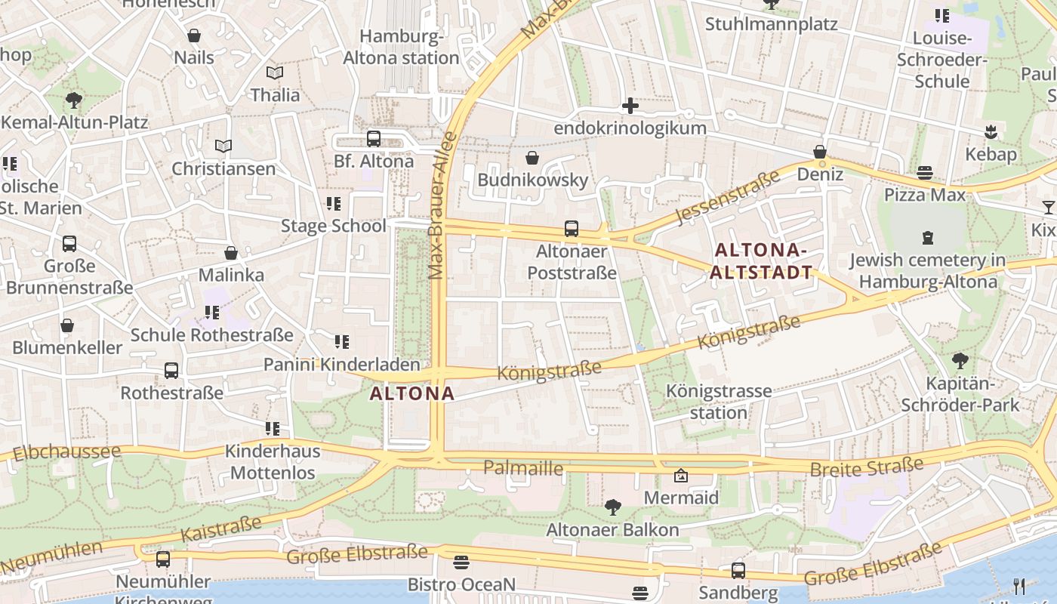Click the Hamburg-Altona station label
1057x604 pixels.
coord(401,47)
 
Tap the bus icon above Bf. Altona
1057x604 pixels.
coord(373,139)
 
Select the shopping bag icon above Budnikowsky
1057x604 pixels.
coord(532,157)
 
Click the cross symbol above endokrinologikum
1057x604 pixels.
coord(630,106)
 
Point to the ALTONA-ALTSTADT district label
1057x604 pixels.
coord(763,261)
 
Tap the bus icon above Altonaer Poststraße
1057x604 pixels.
coord(572,229)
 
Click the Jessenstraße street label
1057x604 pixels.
coord(727,198)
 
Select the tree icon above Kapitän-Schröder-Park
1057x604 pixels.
coord(960,361)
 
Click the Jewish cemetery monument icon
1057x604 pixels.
coord(927,238)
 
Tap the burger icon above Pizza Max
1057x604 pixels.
coord(924,173)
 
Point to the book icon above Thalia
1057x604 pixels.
coord(275,72)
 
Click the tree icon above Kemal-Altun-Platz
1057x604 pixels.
coord(74,100)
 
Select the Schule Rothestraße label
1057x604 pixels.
coord(211,334)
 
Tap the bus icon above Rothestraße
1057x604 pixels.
coord(171,371)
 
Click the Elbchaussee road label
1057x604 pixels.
coord(66,453)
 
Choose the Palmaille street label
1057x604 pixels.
coord(523,468)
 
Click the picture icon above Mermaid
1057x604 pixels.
coord(680,476)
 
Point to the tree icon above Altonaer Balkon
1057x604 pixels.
coord(612,507)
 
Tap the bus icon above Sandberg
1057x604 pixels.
coord(738,571)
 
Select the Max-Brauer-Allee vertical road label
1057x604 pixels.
coord(442,205)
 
